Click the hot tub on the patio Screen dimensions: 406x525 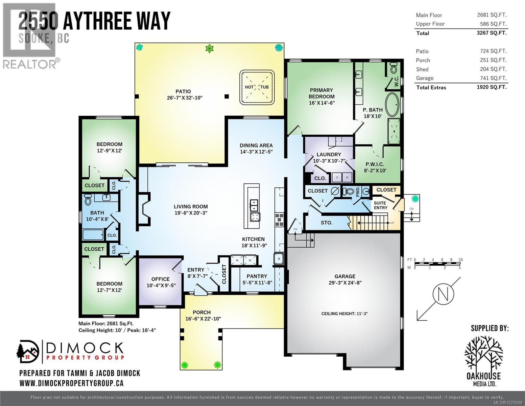[257, 87]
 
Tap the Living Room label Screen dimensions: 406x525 [191, 206]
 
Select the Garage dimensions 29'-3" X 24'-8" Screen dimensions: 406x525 [345, 283]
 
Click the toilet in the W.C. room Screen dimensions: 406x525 [394, 69]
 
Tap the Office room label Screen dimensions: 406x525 [160, 279]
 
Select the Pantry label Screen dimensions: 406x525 [257, 276]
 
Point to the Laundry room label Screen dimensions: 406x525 [329, 154]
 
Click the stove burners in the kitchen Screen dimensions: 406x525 [279, 219]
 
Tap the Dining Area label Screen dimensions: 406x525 [256, 145]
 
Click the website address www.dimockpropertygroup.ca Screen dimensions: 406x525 [71, 383]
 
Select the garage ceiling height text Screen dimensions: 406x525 [344, 314]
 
